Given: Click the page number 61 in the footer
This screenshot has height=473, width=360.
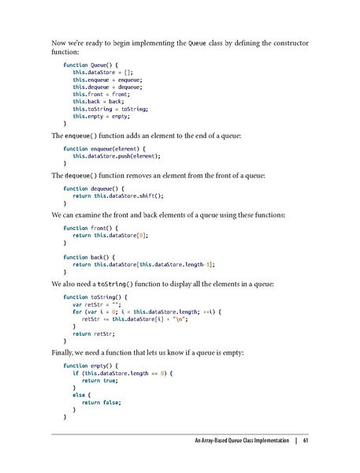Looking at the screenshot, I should [305, 440].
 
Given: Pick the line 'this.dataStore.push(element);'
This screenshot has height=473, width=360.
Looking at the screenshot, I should [117, 156].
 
